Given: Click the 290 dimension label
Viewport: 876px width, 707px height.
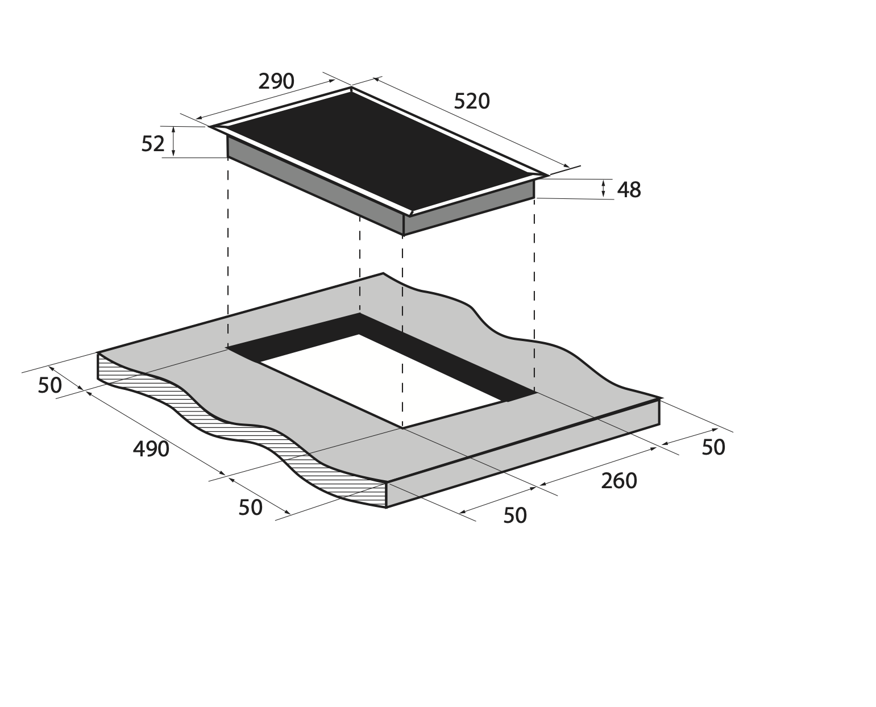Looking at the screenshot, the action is point(276,81).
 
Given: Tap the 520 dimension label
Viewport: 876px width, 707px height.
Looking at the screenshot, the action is point(471,101).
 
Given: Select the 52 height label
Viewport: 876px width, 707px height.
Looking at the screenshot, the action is point(152,144).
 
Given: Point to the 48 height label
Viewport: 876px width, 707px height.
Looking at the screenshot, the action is point(629,190).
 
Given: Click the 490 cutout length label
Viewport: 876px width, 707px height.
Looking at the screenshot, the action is point(151,449).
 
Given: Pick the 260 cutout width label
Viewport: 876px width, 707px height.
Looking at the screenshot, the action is point(619,481).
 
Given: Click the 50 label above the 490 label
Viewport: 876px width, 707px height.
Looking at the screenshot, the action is point(50,385).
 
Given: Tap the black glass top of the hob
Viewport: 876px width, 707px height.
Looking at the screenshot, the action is point(379,152).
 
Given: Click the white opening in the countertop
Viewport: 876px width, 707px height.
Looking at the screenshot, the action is point(380,380).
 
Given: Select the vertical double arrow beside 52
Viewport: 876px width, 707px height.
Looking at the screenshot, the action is point(173,142).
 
